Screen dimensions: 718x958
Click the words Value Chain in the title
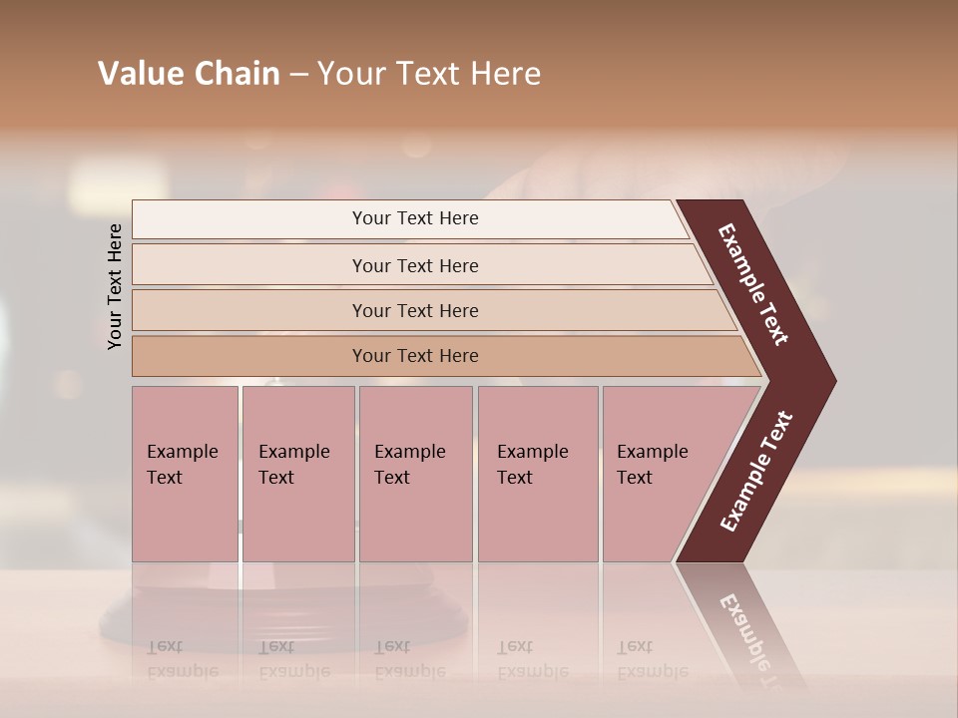coord(189,74)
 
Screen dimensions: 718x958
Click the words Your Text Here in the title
coord(429,74)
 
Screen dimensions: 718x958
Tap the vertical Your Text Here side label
coord(115,286)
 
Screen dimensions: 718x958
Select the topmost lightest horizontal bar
coord(415,218)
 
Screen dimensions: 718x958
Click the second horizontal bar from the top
coord(415,265)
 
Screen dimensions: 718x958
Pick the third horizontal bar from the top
coord(415,310)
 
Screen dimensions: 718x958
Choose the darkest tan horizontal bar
coord(415,356)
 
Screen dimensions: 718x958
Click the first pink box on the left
coord(185,474)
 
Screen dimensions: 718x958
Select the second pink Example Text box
coord(297,474)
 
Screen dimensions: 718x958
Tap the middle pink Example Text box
coord(415,474)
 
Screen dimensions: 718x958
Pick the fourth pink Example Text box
coord(537,474)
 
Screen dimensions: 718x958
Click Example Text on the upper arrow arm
coord(754,284)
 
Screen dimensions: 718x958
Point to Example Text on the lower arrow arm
coord(756,472)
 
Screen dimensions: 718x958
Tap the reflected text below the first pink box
coord(183,659)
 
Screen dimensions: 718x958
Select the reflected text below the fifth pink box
coord(653,659)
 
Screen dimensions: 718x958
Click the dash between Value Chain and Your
coord(298,75)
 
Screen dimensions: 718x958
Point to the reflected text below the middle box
coord(410,659)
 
